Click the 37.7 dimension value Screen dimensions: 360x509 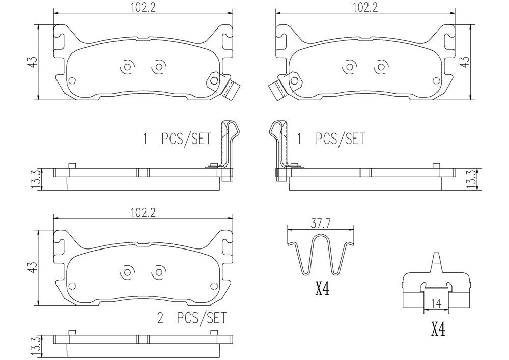(319, 223)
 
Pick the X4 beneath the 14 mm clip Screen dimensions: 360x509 (438, 331)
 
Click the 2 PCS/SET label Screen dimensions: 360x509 (192, 319)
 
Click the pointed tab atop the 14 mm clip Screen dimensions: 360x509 (436, 261)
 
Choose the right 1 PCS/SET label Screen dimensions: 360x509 (331, 139)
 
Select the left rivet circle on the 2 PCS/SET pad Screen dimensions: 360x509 (126, 272)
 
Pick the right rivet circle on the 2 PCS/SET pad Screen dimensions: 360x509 (159, 272)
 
